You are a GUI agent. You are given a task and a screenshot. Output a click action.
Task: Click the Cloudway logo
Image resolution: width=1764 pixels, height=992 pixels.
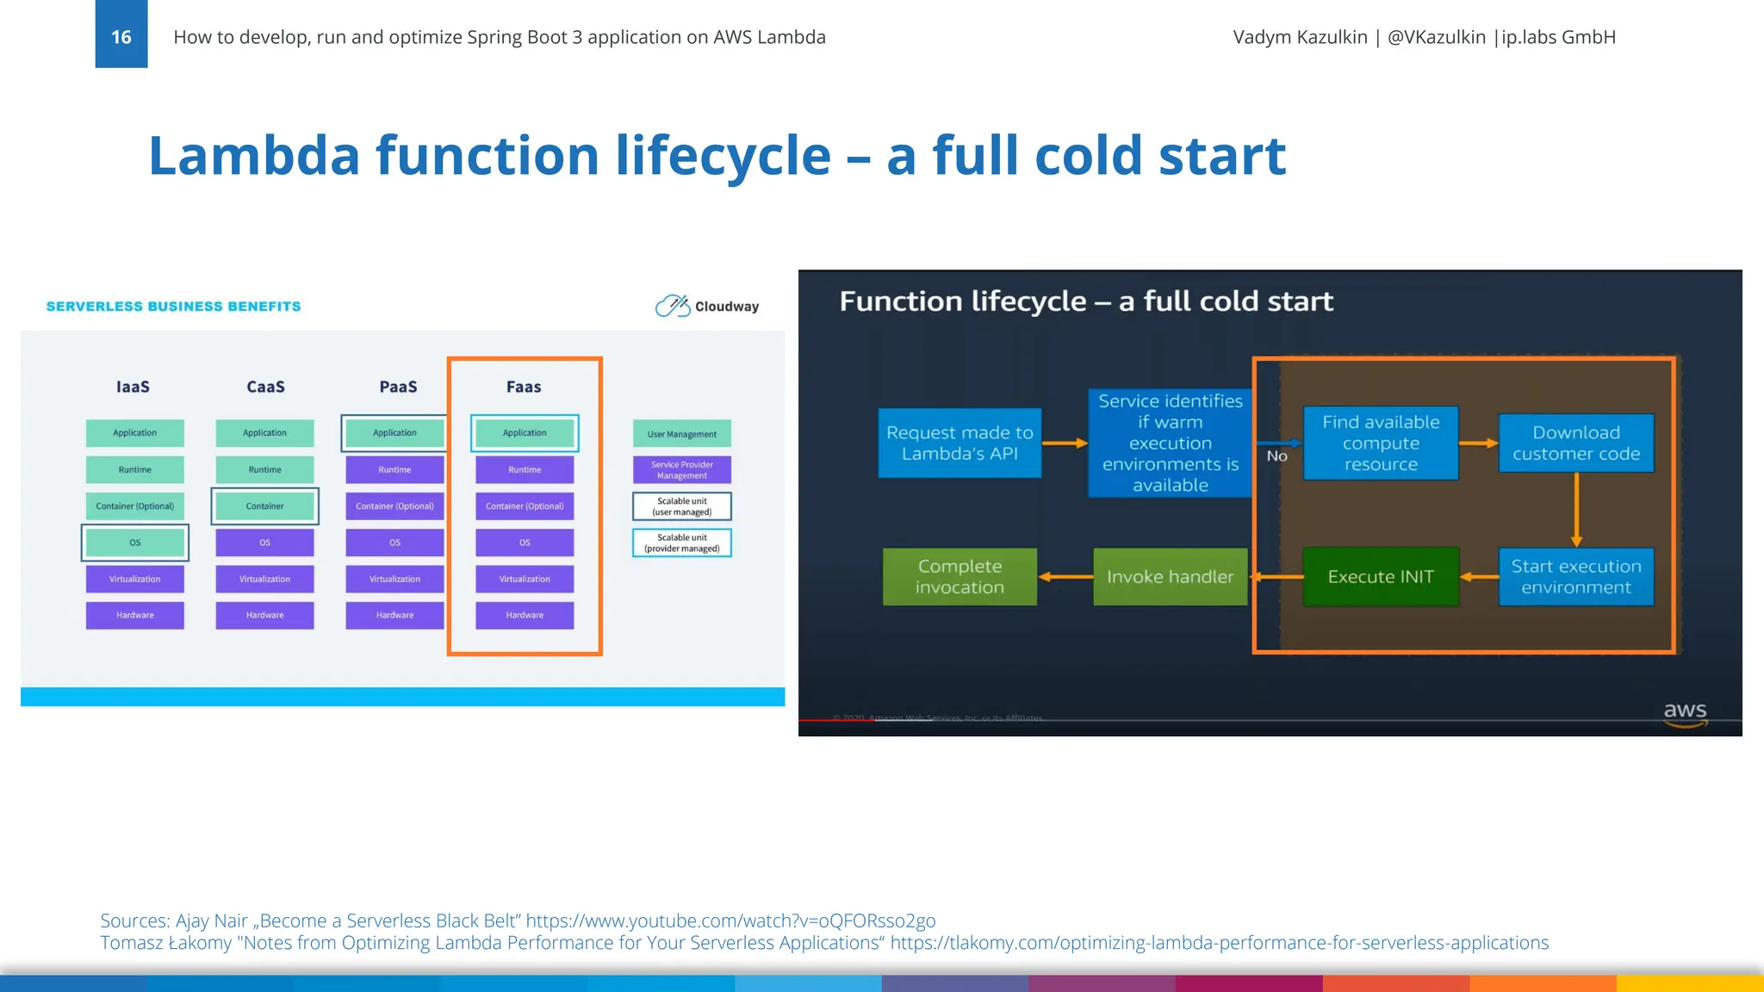pos(706,307)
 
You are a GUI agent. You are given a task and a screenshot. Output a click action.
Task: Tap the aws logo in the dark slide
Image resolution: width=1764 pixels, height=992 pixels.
pos(1685,713)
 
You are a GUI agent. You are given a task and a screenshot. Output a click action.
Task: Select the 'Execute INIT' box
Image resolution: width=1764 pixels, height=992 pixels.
pos(1381,577)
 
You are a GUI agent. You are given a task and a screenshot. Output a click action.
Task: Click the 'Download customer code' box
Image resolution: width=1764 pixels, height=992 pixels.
pos(1576,443)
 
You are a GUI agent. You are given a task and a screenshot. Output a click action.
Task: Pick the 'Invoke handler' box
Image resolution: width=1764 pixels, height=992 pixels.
pos(1170,577)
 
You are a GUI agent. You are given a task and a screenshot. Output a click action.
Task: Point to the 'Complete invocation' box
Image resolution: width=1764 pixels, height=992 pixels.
pos(960,577)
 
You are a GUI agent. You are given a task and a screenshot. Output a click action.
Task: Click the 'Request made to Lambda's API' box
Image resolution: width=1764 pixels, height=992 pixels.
pos(960,443)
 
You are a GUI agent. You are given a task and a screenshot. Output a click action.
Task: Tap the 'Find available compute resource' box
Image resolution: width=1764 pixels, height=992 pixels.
pos(1381,443)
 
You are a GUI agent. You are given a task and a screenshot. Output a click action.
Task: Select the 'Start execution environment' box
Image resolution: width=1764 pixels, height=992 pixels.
pos(1576,577)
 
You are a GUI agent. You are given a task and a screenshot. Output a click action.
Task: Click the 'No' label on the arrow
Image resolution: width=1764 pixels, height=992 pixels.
pos(1276,456)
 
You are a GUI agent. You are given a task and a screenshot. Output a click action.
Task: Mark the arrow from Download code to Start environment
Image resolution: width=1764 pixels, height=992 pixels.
pos(1576,510)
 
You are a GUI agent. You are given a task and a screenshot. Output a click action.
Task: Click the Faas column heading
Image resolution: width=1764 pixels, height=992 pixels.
pos(524,387)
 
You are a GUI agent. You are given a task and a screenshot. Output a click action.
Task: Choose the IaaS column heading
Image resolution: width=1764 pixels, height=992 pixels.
pos(134,387)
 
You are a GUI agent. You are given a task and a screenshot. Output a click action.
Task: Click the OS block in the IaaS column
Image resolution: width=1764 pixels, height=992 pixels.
pos(135,542)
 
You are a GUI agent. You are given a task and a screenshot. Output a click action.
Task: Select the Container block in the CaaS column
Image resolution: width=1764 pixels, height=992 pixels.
pos(264,506)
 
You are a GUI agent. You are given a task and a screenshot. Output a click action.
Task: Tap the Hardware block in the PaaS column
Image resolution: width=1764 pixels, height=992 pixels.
pos(394,615)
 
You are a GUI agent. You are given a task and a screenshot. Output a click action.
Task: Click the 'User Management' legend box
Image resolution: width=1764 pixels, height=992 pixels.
pos(681,434)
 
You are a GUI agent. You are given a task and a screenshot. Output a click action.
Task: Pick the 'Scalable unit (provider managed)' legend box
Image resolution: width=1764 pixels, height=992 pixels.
pos(681,543)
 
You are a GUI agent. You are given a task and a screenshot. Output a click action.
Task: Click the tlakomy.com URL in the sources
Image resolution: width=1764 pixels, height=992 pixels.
pos(1219,943)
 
